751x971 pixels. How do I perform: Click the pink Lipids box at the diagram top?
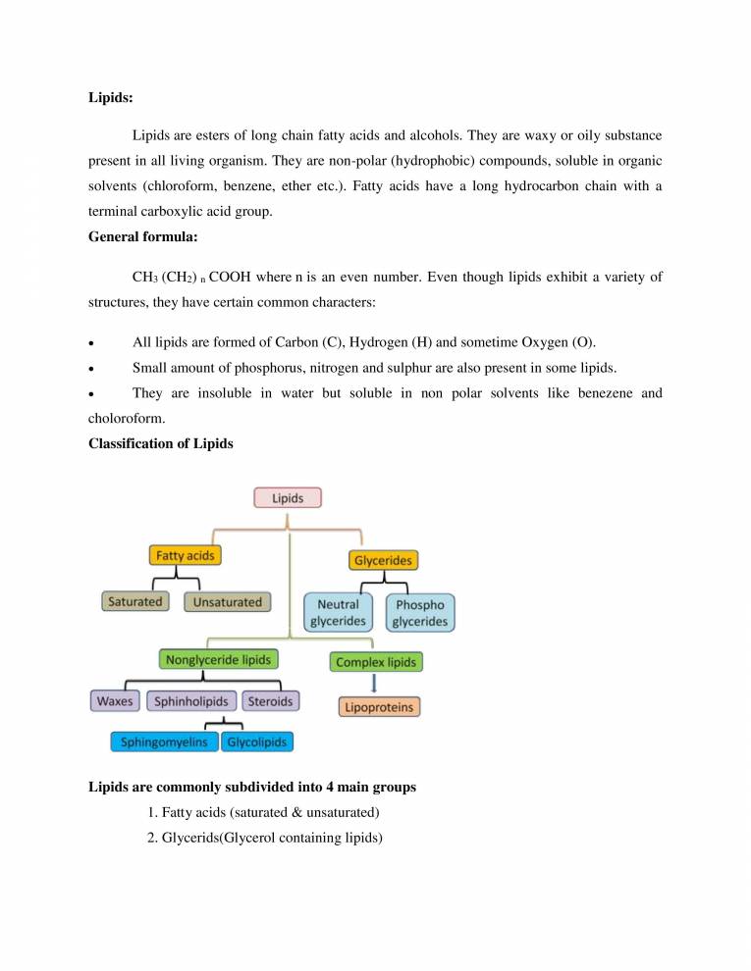[x=288, y=497]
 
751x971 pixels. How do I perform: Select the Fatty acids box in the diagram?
[x=186, y=555]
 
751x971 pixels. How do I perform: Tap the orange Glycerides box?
[x=383, y=560]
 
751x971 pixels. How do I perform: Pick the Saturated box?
[x=135, y=601]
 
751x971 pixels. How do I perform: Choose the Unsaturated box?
[x=227, y=601]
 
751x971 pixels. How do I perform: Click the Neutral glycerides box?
[x=338, y=613]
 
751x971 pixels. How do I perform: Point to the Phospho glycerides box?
[x=420, y=613]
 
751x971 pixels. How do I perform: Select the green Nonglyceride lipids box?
[x=219, y=659]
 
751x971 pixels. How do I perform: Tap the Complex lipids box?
[x=377, y=662]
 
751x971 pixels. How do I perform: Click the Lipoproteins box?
[x=379, y=706]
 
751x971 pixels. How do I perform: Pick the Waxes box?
[x=115, y=701]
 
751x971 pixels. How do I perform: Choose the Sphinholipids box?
[x=191, y=701]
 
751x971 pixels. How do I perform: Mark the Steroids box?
[x=270, y=701]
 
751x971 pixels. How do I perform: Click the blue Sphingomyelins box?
[x=164, y=742]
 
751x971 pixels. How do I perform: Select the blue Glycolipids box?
[x=257, y=742]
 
